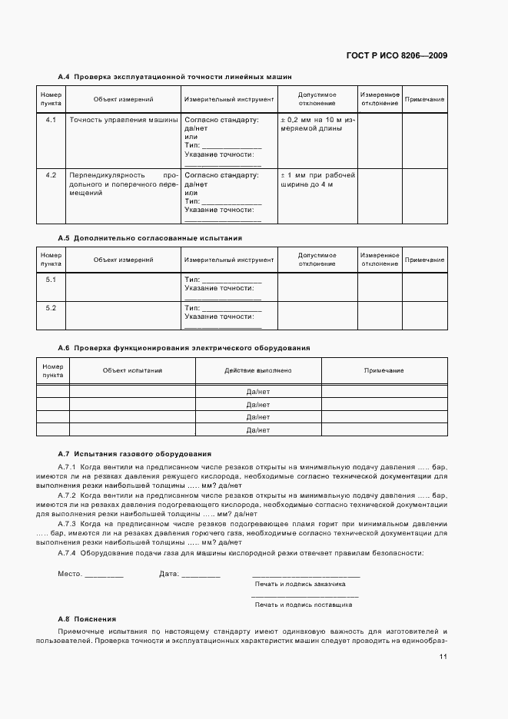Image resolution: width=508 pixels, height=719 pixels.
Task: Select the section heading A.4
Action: tap(174, 76)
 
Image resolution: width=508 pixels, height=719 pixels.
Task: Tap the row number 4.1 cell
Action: tap(51, 120)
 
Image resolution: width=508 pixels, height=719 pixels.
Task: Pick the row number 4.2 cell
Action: tap(51, 175)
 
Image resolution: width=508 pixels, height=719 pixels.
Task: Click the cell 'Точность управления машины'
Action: tap(123, 120)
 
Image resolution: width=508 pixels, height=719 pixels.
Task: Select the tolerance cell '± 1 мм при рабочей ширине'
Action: tap(317, 180)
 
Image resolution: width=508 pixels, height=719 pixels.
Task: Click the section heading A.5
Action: tap(150, 238)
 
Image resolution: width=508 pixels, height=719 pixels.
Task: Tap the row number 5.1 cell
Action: tap(51, 280)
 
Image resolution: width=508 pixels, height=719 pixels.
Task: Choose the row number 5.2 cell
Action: tap(51, 308)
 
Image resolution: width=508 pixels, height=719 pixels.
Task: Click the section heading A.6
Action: tap(184, 348)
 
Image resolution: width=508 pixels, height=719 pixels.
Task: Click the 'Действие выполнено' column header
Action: tap(258, 370)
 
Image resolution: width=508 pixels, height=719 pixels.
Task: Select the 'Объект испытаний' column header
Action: tap(132, 370)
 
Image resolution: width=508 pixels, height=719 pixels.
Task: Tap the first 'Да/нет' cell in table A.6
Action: tap(258, 391)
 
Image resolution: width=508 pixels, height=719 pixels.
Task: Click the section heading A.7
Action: tap(134, 454)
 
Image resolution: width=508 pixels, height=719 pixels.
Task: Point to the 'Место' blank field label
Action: tap(70, 574)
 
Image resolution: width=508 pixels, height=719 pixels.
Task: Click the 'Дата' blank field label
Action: tap(168, 574)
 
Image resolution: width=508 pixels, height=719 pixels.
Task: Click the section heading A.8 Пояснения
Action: tap(87, 619)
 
